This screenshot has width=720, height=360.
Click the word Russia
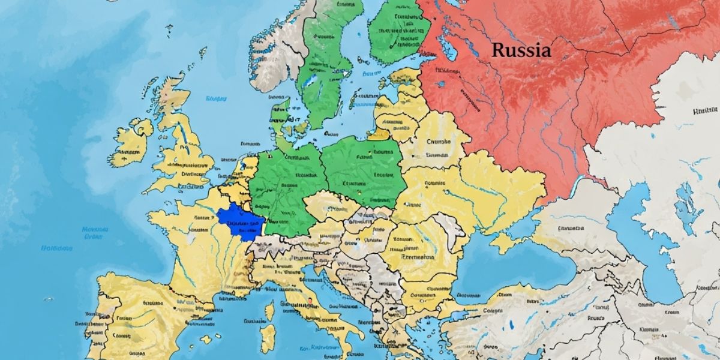[x=520, y=50]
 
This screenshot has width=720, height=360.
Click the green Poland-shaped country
[x=363, y=171]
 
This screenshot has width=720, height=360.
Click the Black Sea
[x=510, y=264]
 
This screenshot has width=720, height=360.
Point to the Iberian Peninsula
[x=138, y=318]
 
